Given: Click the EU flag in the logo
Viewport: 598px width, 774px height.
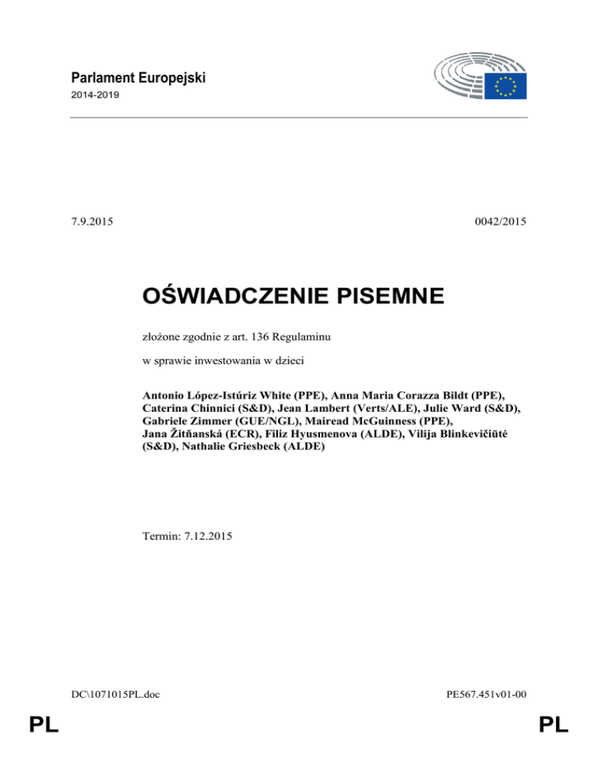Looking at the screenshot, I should coord(506,86).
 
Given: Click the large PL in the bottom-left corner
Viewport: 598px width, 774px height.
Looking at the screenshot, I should coord(44,726).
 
